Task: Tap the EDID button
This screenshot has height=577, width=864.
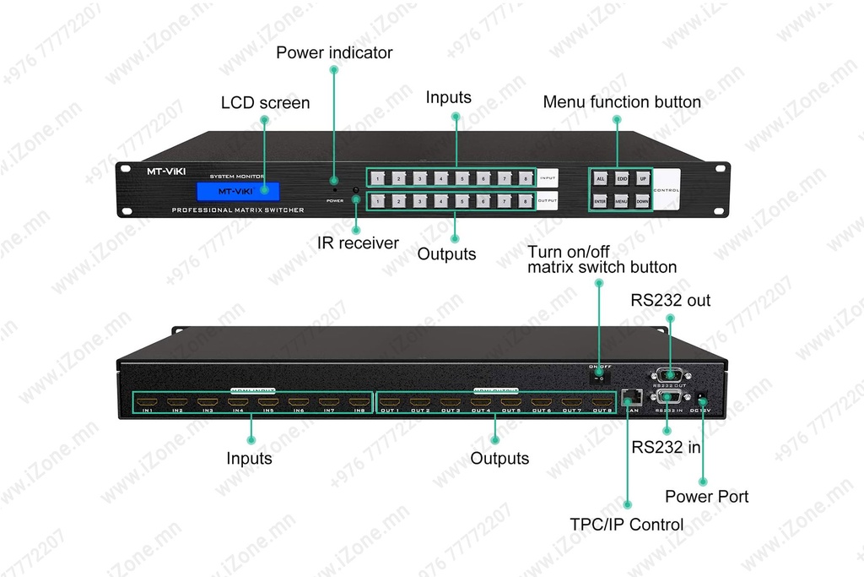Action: coord(622,179)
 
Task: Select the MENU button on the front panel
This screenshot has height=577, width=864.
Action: coord(622,201)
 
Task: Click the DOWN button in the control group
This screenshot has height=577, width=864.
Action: coord(643,201)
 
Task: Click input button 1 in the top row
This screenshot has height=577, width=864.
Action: coord(379,179)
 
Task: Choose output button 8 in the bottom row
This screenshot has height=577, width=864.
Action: coord(525,201)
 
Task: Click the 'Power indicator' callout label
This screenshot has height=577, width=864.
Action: coord(335,52)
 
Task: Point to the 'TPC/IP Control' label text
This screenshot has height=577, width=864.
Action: coord(627,525)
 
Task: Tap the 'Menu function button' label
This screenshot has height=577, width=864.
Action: coord(622,102)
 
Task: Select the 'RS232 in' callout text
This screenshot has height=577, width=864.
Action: coord(667,448)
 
